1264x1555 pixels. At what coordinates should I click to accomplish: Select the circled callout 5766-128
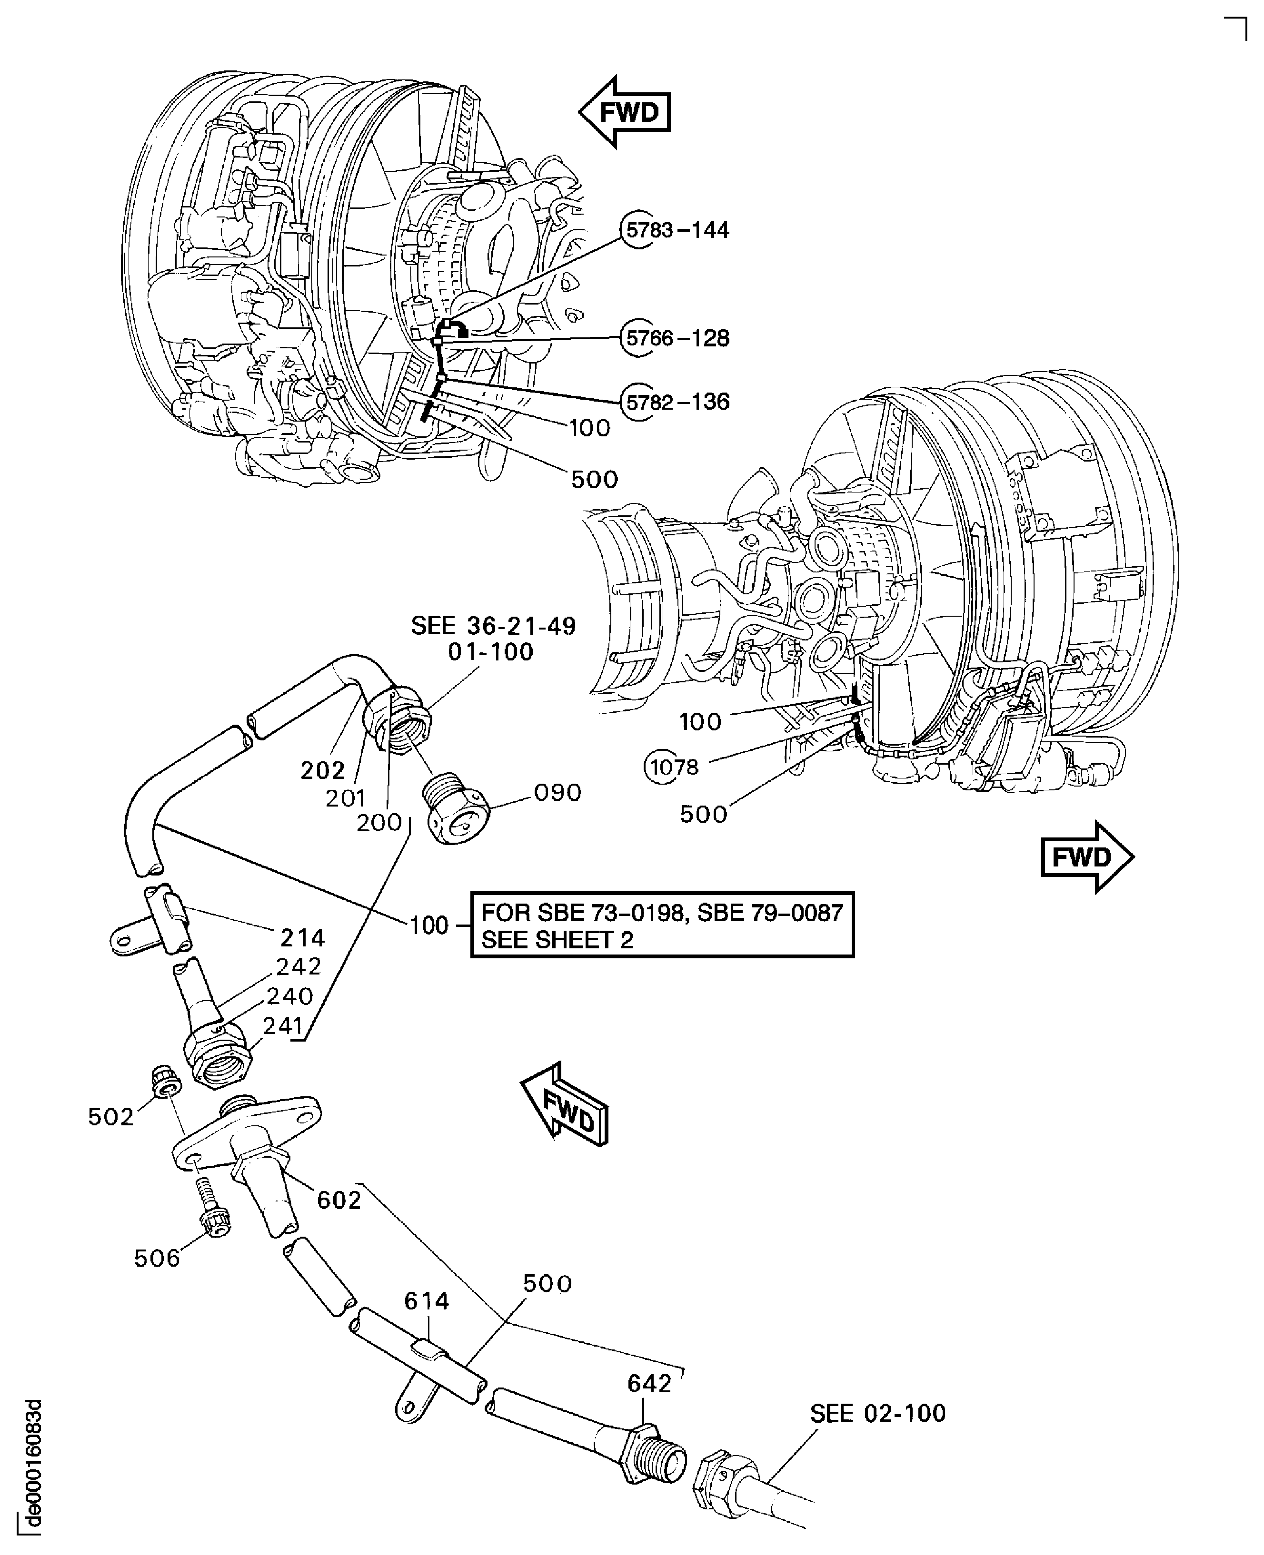pos(676,338)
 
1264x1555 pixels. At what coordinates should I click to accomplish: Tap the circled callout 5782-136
pos(676,402)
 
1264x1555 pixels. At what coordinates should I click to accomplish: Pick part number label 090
pos(558,792)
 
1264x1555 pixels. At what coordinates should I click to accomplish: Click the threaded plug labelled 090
pos(457,811)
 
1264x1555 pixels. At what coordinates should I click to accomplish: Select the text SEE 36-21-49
pos(493,626)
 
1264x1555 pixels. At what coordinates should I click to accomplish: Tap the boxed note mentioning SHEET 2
pos(662,925)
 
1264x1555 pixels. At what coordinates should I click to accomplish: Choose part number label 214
pos(302,938)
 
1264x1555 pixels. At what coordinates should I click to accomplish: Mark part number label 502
pos(111,1116)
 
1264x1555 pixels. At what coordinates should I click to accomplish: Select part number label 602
pos(339,1200)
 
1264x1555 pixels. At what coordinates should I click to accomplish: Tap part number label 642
pos(649,1383)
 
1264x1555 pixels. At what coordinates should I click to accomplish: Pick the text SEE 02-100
pos(877,1413)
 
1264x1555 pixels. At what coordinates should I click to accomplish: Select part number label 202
pos(323,770)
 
